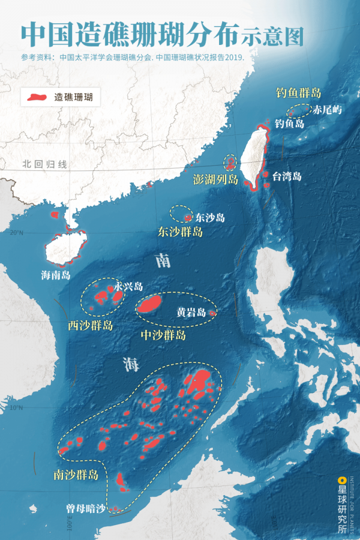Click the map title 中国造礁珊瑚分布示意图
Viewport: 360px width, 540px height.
[x=162, y=34]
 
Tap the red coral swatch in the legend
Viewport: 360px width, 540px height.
[x=36, y=96]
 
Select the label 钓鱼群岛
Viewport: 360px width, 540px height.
[x=298, y=93]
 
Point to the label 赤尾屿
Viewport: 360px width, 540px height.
[x=327, y=110]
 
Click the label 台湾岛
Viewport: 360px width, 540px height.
[x=287, y=176]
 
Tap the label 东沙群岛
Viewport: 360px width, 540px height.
[x=180, y=232]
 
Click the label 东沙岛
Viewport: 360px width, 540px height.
[x=210, y=218]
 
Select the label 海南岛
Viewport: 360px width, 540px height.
[x=56, y=275]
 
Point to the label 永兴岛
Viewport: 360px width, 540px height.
[x=129, y=286]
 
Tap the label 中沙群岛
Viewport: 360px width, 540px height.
[x=163, y=335]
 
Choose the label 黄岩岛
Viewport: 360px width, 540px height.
[x=191, y=313]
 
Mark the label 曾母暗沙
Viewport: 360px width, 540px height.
[x=85, y=509]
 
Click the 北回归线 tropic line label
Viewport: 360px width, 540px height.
[x=45, y=164]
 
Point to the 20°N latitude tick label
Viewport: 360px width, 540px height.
[x=16, y=233]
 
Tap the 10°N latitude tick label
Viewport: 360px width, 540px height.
[x=16, y=409]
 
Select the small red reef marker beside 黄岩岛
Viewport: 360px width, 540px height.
[x=212, y=313]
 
